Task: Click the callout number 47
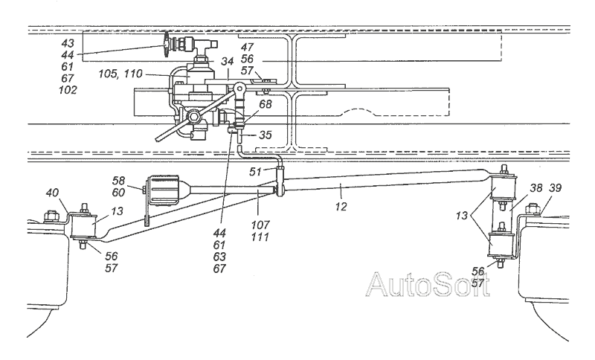[x=248, y=46]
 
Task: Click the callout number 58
[x=118, y=181]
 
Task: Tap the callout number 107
[x=261, y=223]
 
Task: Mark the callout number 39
[x=556, y=190]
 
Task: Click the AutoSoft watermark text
[x=429, y=285]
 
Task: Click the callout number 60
[x=118, y=191]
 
